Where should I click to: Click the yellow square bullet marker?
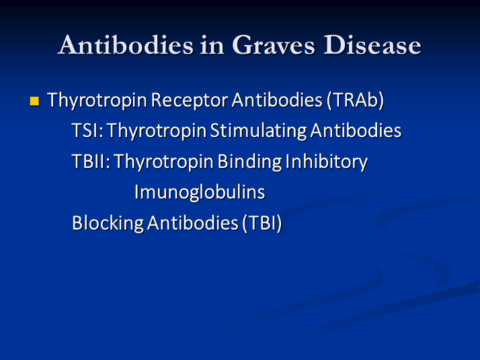pos(35,102)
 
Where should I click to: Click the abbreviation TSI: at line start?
pos(87,131)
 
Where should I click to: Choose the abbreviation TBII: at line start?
pos(91,162)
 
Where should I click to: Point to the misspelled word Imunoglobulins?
pos(200,193)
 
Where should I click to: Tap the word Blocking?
pos(108,223)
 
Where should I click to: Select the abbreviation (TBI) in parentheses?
pos(262,223)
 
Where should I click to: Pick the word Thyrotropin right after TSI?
pos(157,131)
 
